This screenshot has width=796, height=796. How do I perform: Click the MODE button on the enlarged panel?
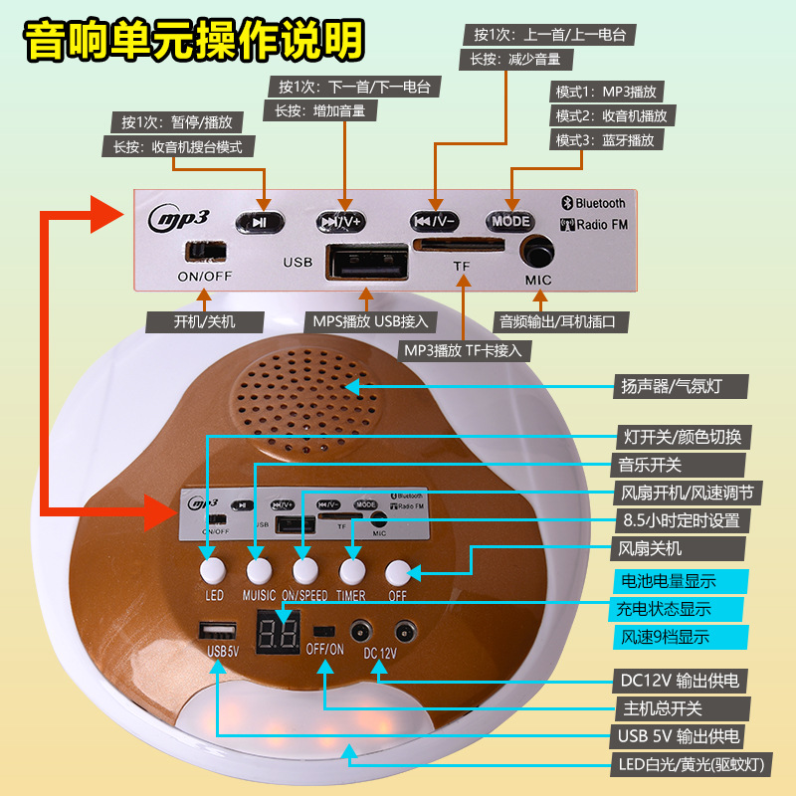510,221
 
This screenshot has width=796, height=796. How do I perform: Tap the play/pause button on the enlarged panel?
259,222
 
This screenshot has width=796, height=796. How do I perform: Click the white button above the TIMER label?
352,571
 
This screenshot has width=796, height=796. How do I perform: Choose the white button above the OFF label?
397,572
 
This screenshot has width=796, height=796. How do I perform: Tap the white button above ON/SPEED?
304,570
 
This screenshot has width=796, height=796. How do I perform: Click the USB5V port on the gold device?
218,629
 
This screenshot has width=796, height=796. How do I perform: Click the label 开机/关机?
205,322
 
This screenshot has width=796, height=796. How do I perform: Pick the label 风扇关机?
650,548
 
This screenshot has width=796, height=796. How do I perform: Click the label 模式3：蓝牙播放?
605,140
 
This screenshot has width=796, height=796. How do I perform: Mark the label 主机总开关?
662,708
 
